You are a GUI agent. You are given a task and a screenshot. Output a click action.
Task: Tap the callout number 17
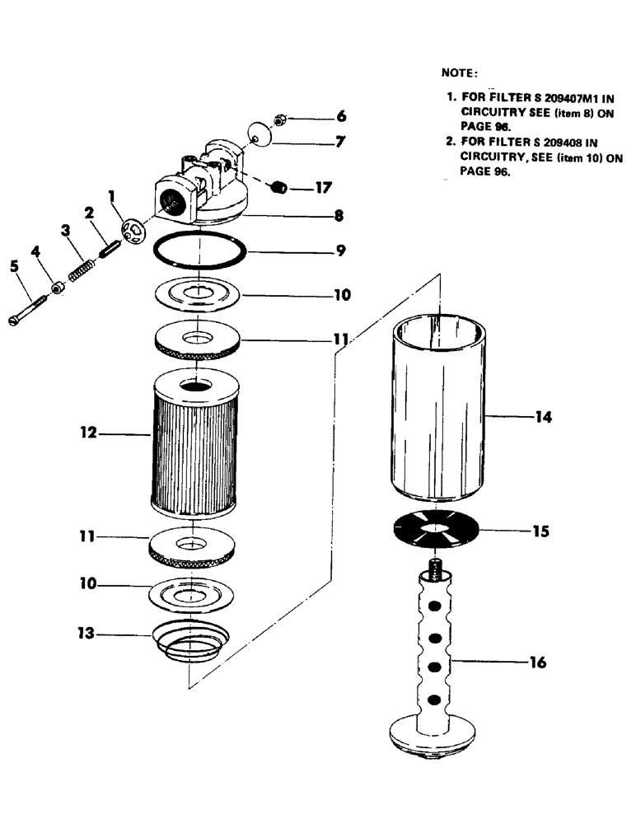click(x=323, y=188)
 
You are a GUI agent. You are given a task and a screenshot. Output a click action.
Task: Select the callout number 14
click(x=541, y=418)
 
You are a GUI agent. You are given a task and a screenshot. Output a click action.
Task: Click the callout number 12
click(x=88, y=432)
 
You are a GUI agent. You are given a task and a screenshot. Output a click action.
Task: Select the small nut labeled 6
click(x=279, y=120)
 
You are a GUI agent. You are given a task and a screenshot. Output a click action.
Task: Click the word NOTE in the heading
click(x=460, y=73)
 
